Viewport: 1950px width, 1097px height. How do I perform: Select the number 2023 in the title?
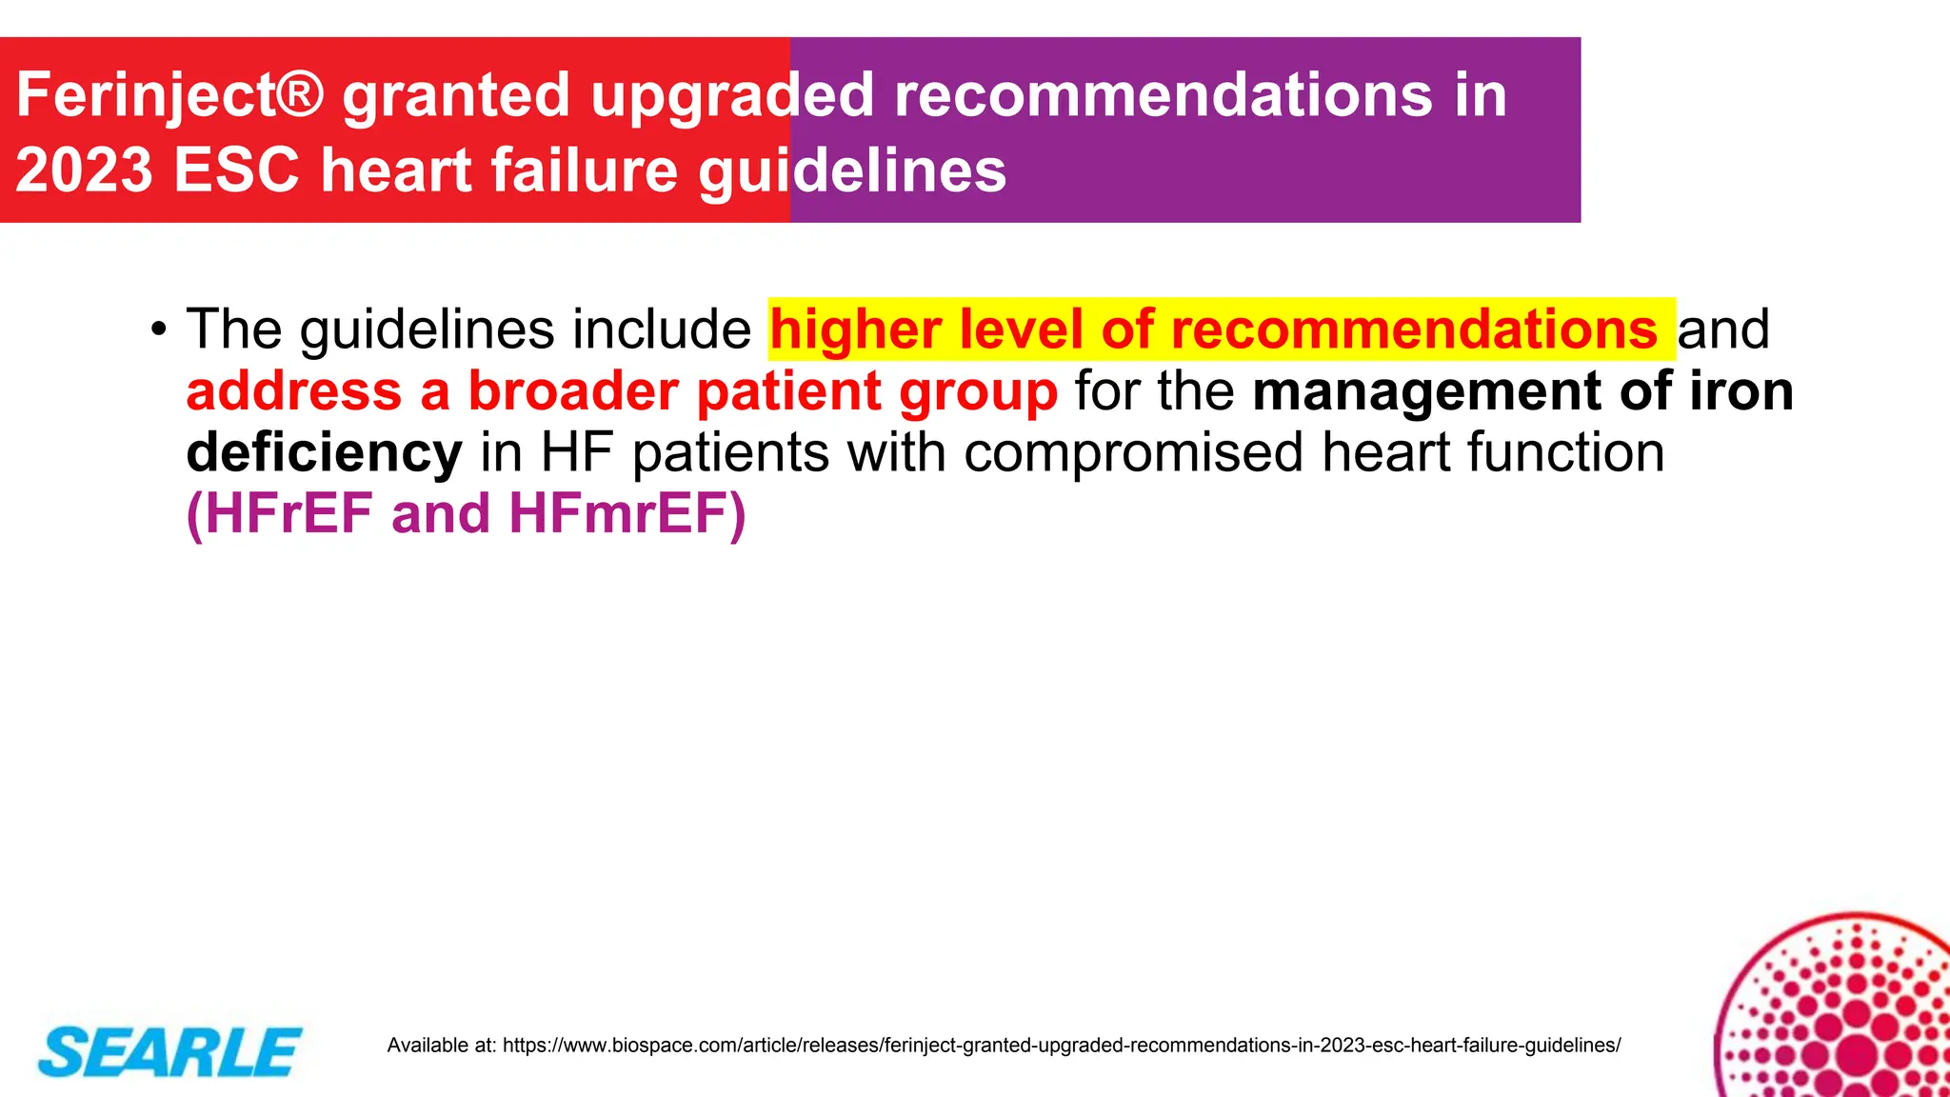(x=84, y=170)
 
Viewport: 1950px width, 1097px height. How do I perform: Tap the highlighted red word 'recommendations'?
(x=1415, y=329)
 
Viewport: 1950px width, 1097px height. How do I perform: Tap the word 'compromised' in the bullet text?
(x=1134, y=452)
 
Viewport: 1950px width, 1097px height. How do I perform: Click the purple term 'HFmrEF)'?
(x=627, y=514)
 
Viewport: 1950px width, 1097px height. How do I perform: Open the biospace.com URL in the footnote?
(x=1062, y=1046)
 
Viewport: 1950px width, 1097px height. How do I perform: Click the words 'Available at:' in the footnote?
(x=442, y=1046)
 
